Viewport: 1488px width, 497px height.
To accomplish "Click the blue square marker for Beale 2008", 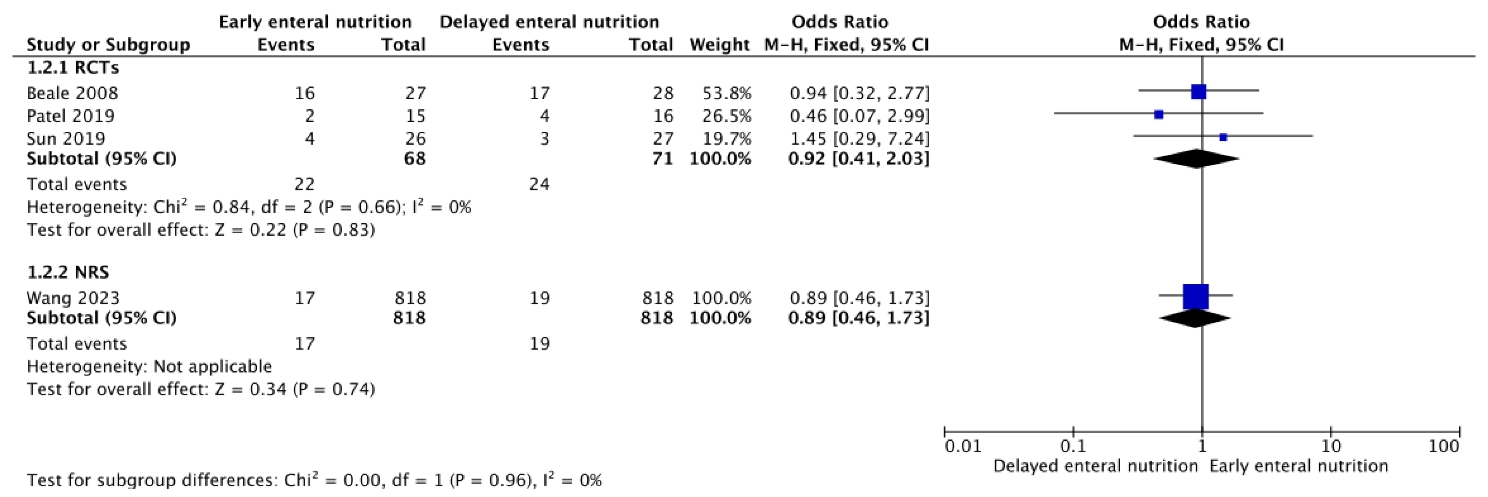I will point(1199,91).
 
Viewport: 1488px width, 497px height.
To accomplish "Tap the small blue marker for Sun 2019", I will point(1223,137).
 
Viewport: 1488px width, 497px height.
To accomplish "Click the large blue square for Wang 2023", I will point(1196,297).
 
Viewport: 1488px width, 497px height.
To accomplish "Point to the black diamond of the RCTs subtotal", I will point(1196,159).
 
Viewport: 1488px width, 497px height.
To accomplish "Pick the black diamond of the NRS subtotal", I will point(1195,318).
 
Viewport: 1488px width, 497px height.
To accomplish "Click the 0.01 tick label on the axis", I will point(963,446).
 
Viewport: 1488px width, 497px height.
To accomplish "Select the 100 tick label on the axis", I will point(1444,446).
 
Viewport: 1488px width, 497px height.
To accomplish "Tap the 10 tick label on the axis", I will point(1331,446).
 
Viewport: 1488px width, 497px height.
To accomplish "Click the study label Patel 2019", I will point(70,116).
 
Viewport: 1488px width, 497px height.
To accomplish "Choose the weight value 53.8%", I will point(727,93).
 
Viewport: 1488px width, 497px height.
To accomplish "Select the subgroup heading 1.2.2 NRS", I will point(68,272).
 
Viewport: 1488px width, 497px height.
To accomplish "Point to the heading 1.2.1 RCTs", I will point(73,68).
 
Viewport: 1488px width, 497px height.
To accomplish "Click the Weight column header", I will point(719,44).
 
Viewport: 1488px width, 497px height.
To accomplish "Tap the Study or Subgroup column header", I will point(108,44).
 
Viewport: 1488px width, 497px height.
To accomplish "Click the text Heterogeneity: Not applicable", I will point(149,366).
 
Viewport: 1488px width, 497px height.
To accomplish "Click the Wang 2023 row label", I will point(73,298).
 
